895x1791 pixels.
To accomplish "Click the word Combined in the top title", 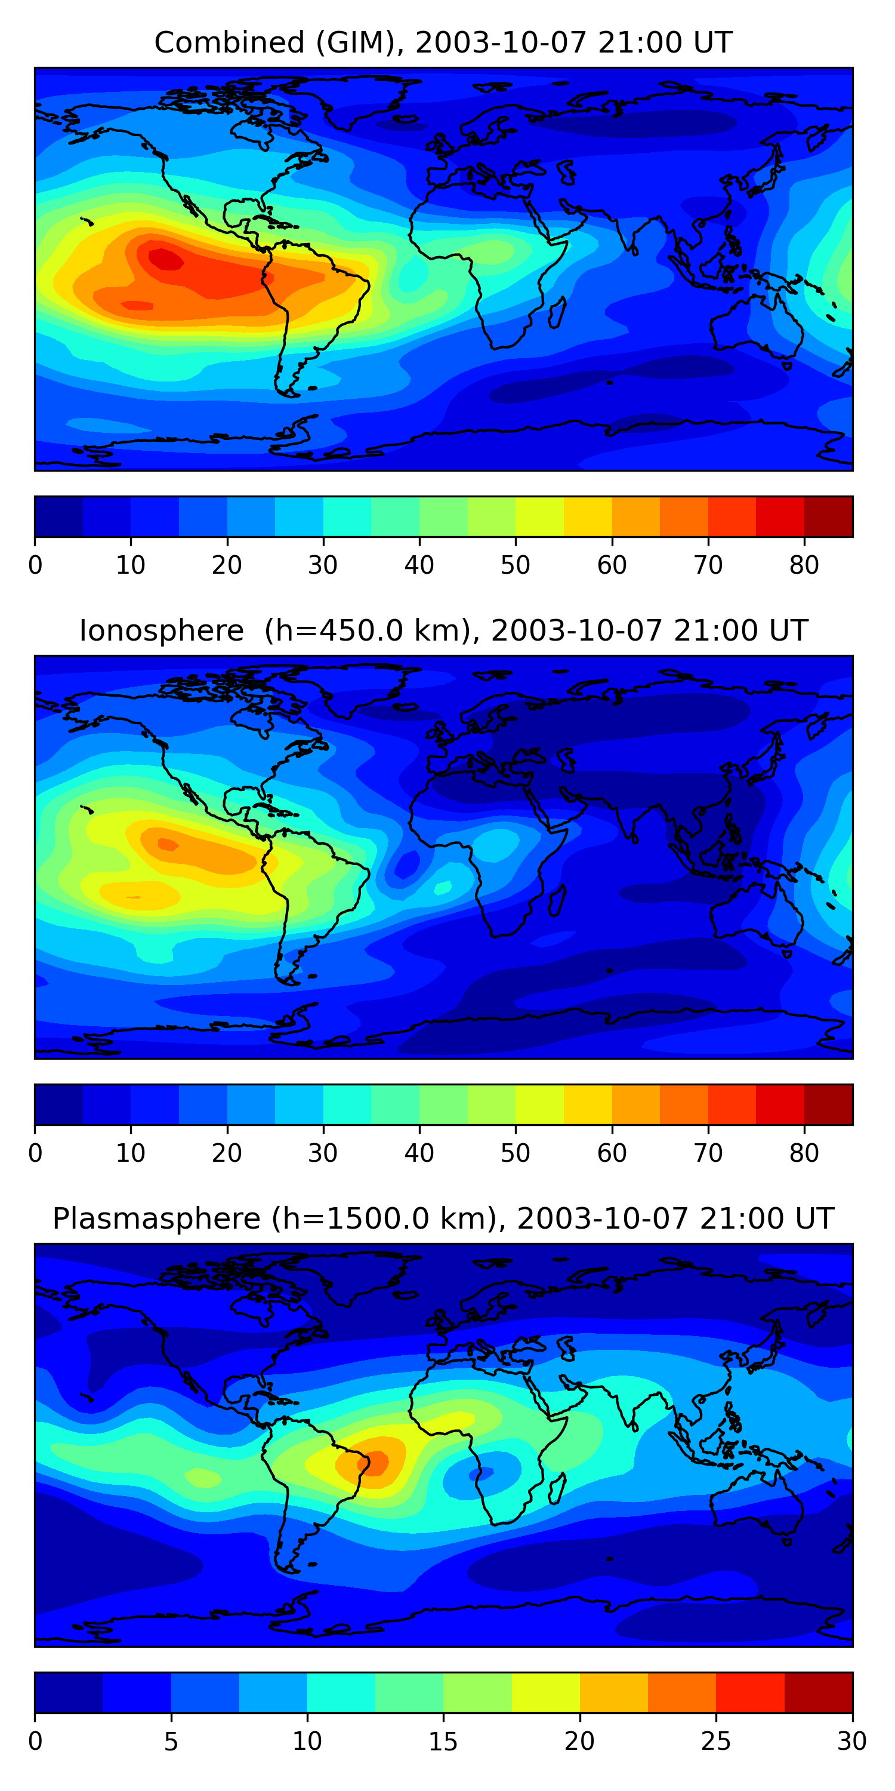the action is coord(229,42).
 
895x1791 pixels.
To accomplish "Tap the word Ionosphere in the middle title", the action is coord(161,630).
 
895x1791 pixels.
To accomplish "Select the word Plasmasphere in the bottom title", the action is coord(156,1219).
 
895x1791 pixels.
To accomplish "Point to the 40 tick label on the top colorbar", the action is coord(419,565).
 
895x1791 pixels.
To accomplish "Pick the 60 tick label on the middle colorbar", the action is coord(612,1153).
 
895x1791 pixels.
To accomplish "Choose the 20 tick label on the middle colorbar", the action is coord(227,1153).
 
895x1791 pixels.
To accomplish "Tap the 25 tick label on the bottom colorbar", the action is coord(716,1741).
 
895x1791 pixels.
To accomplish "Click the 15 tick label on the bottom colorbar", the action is coord(443,1741).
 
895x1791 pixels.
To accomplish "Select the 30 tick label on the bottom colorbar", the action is coord(852,1741).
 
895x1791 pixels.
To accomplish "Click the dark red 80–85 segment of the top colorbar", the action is coord(828,516).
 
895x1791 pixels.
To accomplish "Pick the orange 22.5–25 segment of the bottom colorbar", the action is coord(681,1693).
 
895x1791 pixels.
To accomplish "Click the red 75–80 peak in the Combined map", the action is coord(165,259).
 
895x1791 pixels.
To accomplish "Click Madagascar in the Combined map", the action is coord(557,312).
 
